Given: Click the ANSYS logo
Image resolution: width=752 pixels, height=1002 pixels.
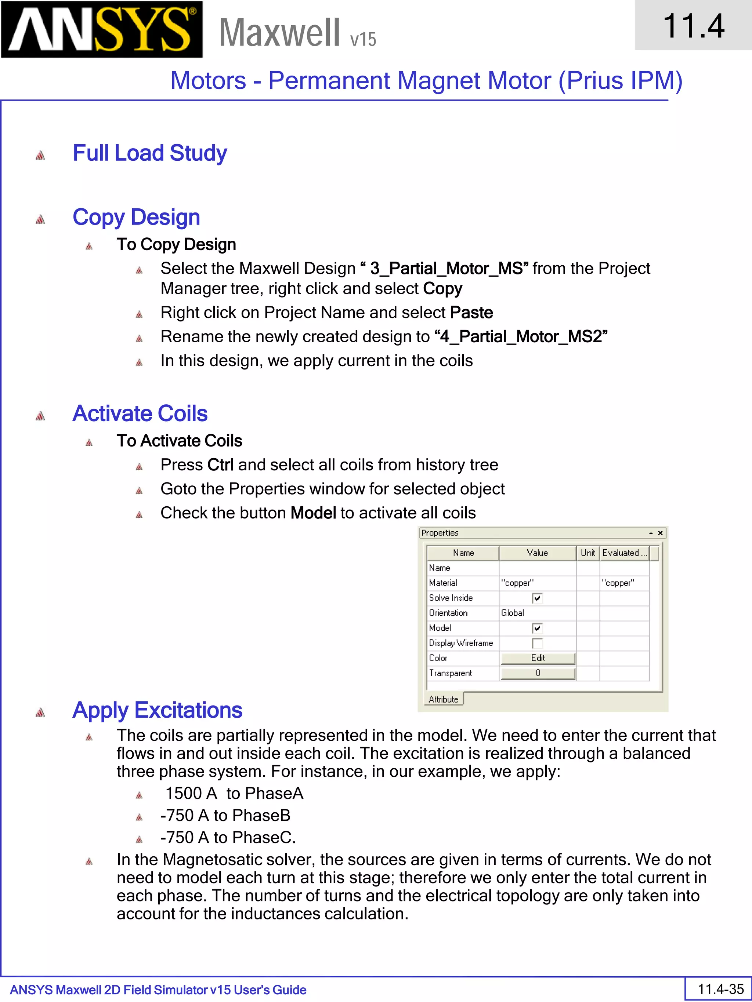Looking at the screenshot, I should [102, 29].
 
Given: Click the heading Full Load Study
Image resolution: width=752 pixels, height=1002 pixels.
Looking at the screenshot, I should [149, 153].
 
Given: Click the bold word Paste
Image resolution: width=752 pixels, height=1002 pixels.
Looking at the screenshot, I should [471, 313].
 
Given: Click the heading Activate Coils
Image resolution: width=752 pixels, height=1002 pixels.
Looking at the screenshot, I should [140, 413].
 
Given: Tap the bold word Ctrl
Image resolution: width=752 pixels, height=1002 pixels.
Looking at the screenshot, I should [220, 465].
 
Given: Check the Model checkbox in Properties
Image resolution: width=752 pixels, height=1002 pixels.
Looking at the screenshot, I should [537, 628].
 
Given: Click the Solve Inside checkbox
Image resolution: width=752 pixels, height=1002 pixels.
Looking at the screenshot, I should [537, 598].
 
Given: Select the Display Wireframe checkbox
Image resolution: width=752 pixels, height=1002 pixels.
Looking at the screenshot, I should [537, 643].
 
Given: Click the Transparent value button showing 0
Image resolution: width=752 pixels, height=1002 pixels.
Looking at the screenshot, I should [538, 673].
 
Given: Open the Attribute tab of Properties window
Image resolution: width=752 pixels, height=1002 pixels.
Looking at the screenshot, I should [443, 699].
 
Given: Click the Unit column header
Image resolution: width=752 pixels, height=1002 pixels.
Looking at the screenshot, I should [587, 553].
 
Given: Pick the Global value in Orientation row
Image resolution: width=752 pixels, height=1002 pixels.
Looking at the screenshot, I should [513, 613].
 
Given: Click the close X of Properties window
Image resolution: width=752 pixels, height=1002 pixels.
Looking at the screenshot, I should [661, 533].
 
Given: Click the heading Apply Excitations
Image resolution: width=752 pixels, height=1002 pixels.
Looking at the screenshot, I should [157, 710].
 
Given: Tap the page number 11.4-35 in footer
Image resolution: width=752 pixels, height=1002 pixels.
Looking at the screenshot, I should [721, 989].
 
